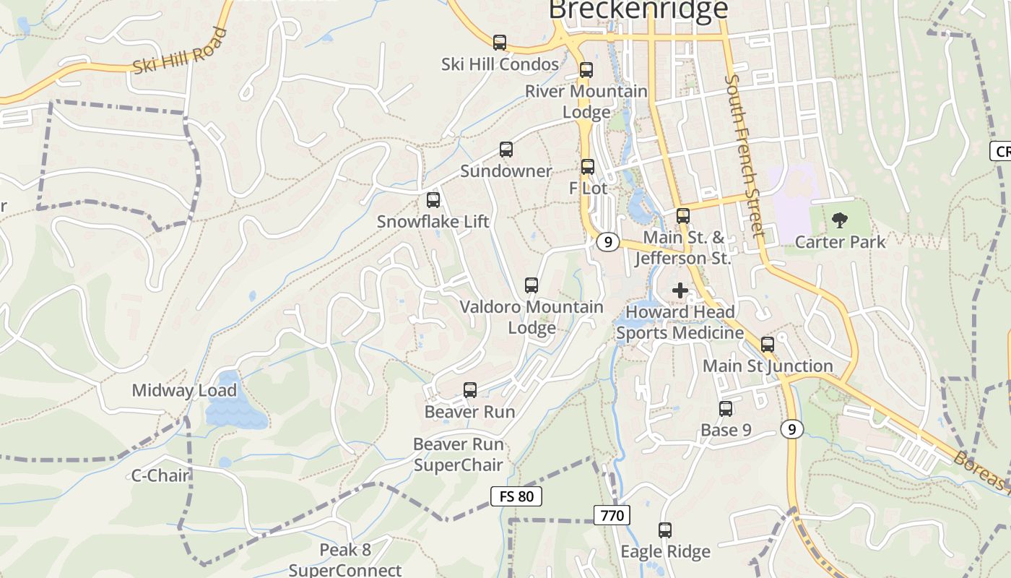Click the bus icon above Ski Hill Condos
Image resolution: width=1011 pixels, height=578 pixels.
pyautogui.click(x=499, y=43)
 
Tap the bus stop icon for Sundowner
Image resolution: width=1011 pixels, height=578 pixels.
pyautogui.click(x=506, y=150)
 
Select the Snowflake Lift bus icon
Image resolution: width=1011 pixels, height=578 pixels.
pyautogui.click(x=433, y=200)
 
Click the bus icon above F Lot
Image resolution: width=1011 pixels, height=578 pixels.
pyautogui.click(x=588, y=167)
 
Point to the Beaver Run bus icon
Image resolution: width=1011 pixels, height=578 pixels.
pyautogui.click(x=470, y=390)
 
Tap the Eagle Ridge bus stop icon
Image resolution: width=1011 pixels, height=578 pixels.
pyautogui.click(x=665, y=530)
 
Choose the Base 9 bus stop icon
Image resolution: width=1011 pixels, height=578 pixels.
pyautogui.click(x=726, y=409)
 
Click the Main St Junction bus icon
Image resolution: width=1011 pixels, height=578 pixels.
pyautogui.click(x=768, y=345)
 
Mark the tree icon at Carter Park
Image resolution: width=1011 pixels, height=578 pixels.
pyautogui.click(x=839, y=220)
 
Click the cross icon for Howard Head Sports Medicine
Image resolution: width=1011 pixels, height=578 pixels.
pyautogui.click(x=680, y=290)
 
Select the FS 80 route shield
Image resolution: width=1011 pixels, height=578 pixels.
pyautogui.click(x=516, y=496)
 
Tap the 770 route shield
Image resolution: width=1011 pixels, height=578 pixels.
pyautogui.click(x=612, y=515)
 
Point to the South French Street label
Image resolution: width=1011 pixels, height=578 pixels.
pyautogui.click(x=745, y=155)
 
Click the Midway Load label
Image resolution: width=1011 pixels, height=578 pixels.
pyautogui.click(x=184, y=391)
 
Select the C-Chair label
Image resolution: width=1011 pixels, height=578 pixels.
pyautogui.click(x=160, y=475)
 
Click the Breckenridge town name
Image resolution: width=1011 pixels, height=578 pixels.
pyautogui.click(x=638, y=9)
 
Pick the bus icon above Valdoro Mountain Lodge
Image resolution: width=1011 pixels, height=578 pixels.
pyautogui.click(x=531, y=285)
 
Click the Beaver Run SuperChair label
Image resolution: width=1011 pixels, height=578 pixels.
pyautogui.click(x=459, y=454)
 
